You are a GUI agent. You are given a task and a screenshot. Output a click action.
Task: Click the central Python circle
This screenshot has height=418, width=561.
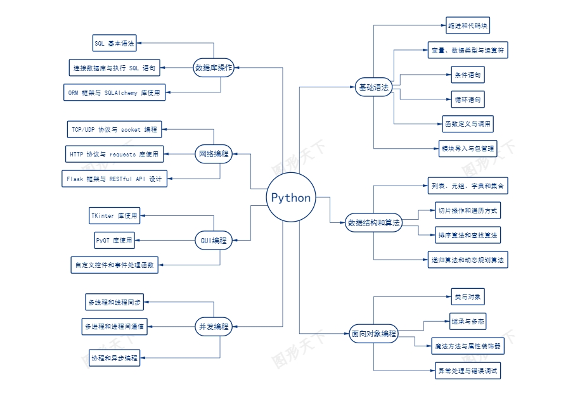(291, 197)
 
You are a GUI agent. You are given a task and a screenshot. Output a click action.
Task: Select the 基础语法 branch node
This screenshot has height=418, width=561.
(373, 87)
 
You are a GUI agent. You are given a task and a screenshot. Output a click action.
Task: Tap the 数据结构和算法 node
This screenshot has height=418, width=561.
(373, 222)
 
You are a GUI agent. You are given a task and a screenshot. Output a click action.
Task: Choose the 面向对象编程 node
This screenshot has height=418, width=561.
(373, 333)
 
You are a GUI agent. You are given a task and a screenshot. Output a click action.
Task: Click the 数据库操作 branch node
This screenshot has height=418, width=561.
(213, 67)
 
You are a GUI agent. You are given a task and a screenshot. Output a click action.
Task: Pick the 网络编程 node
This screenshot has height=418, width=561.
(213, 153)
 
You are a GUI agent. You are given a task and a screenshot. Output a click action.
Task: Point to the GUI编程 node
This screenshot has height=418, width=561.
(213, 240)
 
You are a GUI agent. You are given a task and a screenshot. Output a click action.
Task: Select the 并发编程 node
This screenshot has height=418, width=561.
(213, 327)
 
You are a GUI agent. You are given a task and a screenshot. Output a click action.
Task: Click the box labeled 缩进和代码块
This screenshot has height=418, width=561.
(468, 26)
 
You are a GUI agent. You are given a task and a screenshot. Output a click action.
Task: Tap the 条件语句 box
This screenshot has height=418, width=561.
(468, 75)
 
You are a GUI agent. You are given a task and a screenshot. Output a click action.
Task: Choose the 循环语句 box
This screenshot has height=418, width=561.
(468, 99)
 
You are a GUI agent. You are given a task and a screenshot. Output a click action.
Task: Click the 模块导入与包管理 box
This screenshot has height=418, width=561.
(468, 149)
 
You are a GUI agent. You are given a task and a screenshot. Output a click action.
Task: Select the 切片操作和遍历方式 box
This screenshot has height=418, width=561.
(468, 210)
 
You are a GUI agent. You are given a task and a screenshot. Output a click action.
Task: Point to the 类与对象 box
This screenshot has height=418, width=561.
(468, 296)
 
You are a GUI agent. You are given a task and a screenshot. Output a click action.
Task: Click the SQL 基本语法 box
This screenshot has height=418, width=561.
(115, 44)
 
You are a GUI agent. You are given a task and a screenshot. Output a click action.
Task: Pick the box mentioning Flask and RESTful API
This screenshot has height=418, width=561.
(114, 179)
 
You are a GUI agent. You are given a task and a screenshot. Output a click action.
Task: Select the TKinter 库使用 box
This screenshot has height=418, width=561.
(114, 216)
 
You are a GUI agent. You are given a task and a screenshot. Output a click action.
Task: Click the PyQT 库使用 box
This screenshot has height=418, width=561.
(114, 240)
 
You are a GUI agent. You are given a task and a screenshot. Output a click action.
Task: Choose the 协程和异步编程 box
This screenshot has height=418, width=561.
(114, 358)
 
